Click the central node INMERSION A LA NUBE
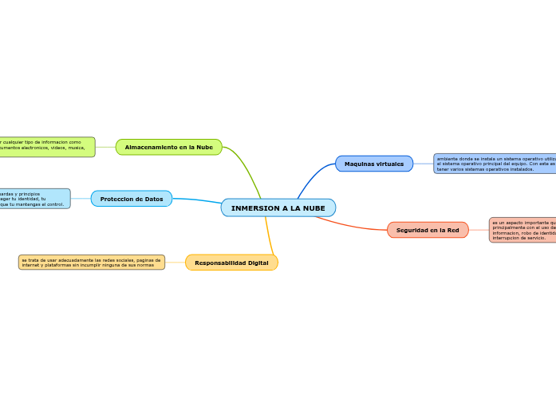[x=278, y=207]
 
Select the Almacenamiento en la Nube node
[x=168, y=147]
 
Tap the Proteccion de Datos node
[x=131, y=199]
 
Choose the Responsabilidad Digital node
[x=231, y=263]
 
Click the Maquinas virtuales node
[x=373, y=164]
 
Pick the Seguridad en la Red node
[x=428, y=230]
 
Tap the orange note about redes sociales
[x=92, y=262]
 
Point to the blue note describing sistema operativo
[x=495, y=164]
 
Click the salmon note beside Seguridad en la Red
[x=522, y=230]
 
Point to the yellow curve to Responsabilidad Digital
[x=270, y=236]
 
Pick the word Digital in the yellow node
[x=257, y=263]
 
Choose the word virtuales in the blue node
[x=390, y=164]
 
